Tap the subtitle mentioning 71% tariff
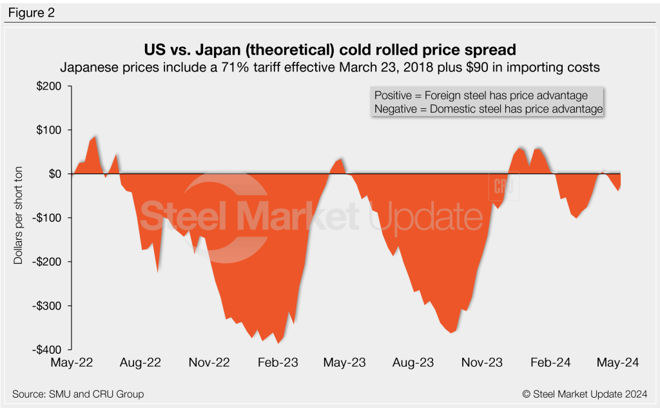tap(330, 67)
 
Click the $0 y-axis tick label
tap(59, 174)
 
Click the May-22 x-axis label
tap(72, 363)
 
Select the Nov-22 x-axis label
tap(209, 363)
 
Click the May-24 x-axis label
tap(618, 363)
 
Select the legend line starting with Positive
tap(481, 95)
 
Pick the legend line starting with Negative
tap(488, 110)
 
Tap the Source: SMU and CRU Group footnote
tap(78, 394)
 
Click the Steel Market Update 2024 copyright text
tap(585, 394)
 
